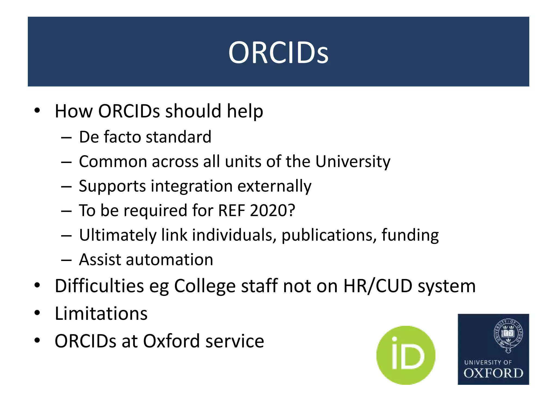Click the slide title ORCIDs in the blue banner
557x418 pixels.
(x=278, y=52)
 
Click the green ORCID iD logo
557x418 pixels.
(x=406, y=355)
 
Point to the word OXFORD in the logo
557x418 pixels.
(x=493, y=373)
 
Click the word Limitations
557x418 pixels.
(x=101, y=313)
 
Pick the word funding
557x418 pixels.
(x=410, y=235)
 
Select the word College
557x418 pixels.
(x=205, y=287)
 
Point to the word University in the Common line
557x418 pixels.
(x=353, y=162)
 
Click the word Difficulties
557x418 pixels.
(x=99, y=286)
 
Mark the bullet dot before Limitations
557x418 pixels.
(x=37, y=313)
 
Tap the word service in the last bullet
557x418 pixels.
(x=235, y=341)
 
